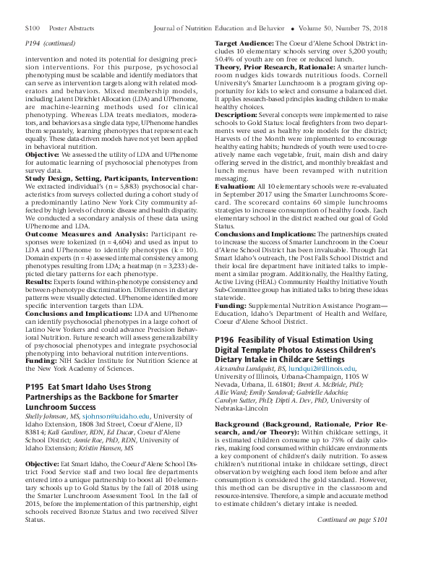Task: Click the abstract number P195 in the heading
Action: coord(35,387)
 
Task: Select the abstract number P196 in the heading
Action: coord(226,340)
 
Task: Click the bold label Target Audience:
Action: coord(243,43)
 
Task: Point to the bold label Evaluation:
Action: coord(236,186)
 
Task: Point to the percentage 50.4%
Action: coord(226,58)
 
